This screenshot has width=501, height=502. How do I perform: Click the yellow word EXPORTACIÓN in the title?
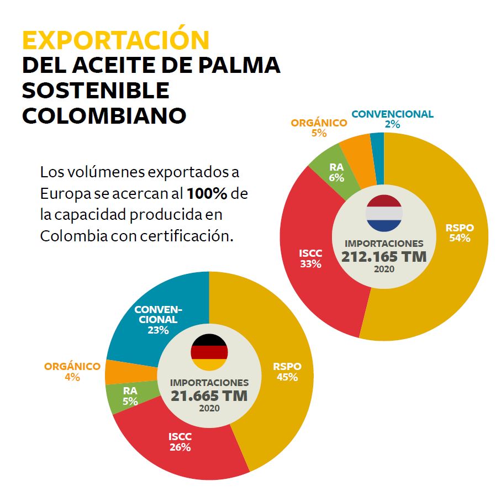click(x=115, y=40)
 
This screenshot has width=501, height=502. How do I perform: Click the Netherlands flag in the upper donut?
click(x=384, y=213)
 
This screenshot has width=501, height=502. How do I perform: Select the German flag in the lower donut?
click(x=209, y=352)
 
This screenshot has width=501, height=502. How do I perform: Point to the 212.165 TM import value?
click(x=384, y=257)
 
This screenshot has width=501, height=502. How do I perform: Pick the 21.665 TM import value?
click(x=209, y=396)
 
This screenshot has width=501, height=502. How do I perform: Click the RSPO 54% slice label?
click(x=459, y=233)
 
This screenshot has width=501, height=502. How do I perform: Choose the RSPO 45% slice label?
click(x=287, y=372)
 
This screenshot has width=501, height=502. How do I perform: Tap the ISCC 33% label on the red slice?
click(x=310, y=258)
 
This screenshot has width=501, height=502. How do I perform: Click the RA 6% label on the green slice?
click(x=336, y=172)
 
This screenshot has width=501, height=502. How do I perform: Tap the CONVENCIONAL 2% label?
click(x=392, y=119)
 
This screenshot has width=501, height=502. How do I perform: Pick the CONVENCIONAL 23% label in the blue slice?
click(x=158, y=319)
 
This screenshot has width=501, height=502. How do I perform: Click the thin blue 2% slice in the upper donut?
click(x=377, y=142)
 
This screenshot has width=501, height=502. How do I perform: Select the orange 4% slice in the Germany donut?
click(x=117, y=372)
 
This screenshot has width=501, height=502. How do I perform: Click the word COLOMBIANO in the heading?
click(x=104, y=115)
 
